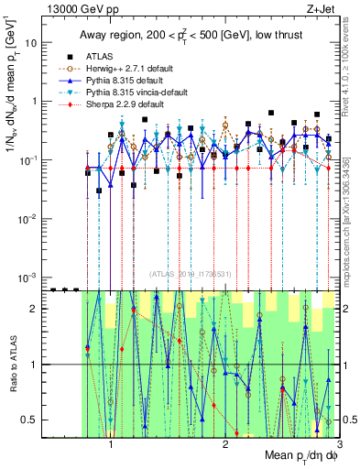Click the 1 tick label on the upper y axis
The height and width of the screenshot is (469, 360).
coord(37,102)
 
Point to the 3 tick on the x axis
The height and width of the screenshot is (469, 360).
coord(338,447)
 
